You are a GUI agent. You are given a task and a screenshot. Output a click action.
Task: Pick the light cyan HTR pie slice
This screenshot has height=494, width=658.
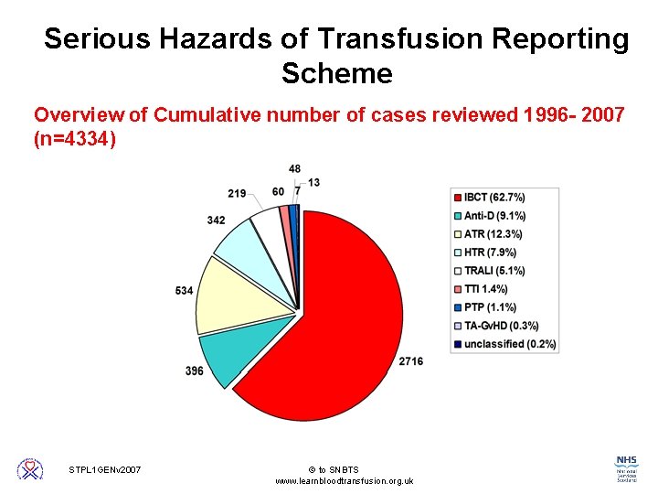click(x=239, y=242)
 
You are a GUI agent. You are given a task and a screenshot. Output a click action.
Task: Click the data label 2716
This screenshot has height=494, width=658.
click(x=410, y=361)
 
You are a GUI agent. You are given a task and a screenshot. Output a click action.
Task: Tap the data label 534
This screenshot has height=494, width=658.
click(x=185, y=291)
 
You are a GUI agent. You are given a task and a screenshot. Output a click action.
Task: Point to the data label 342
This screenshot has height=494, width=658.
click(x=216, y=220)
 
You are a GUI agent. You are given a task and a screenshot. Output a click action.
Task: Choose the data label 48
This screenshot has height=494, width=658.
click(x=294, y=169)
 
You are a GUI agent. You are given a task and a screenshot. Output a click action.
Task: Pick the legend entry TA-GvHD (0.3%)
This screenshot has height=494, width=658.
click(x=501, y=326)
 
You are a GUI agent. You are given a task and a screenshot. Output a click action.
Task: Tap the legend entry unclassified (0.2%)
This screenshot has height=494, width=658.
click(x=509, y=344)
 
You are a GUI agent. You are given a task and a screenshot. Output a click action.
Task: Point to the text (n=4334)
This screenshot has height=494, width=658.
click(x=75, y=139)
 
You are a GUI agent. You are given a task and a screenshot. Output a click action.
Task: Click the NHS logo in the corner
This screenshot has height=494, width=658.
click(x=626, y=467)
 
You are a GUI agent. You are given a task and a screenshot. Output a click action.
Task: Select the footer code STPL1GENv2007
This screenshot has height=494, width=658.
click(x=105, y=470)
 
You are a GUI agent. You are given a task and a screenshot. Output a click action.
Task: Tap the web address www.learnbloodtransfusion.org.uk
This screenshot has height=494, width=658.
click(x=344, y=481)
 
